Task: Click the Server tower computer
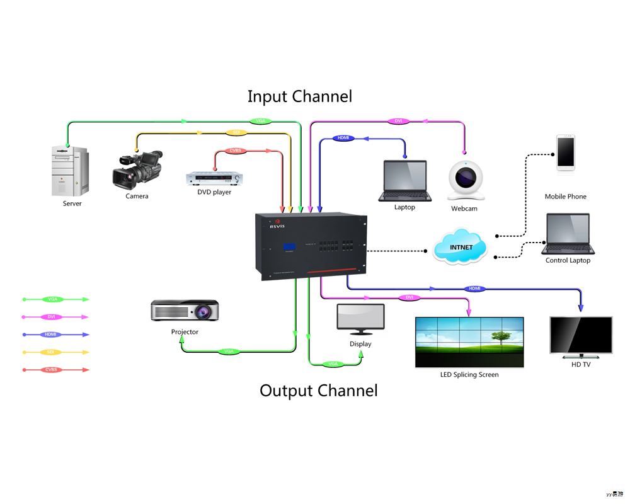click(x=69, y=171)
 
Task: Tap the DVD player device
click(x=214, y=179)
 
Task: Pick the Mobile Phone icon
click(x=565, y=152)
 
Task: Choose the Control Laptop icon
click(x=568, y=234)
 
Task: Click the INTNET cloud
click(x=461, y=247)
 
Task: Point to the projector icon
click(x=185, y=311)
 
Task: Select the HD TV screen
click(x=581, y=335)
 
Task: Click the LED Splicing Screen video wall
click(x=469, y=341)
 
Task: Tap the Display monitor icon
click(x=360, y=319)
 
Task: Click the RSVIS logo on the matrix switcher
click(x=277, y=226)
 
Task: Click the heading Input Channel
click(x=299, y=96)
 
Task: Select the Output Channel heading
click(x=318, y=391)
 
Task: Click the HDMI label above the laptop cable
click(x=343, y=138)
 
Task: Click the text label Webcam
click(x=464, y=209)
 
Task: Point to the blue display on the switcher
click(x=289, y=246)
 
